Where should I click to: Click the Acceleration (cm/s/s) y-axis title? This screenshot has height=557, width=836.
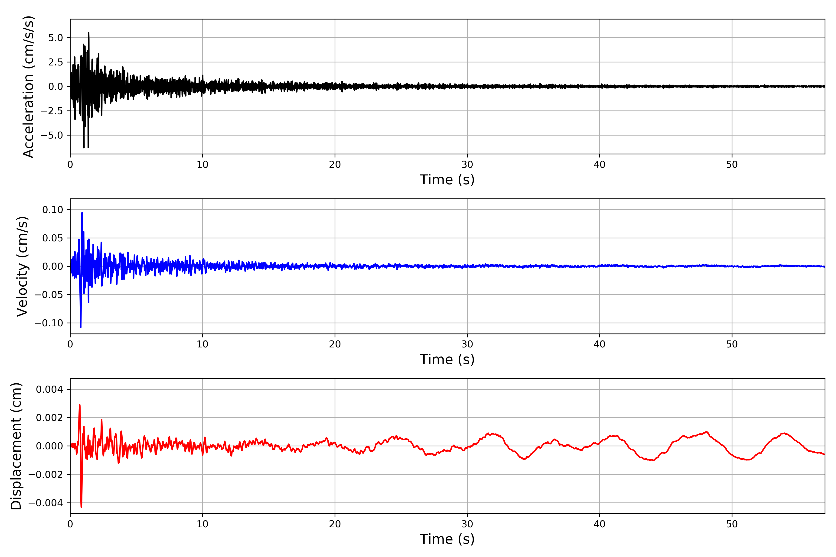coord(28,86)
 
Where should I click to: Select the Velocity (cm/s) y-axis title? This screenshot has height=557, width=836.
coord(22,266)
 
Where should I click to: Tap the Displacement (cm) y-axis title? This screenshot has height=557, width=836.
coord(16,446)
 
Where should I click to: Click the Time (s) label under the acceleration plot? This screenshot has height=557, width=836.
coord(447,180)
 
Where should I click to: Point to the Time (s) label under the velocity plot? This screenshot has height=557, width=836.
coord(447,359)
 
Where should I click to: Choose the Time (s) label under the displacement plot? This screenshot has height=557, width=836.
coord(447,539)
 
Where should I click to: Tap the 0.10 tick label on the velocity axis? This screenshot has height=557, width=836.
coord(53,210)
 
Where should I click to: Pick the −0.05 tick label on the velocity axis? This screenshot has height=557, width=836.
coord(49,295)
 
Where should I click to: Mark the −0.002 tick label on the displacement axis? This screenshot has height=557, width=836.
coord(46,475)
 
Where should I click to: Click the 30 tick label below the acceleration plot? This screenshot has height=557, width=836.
coord(467,165)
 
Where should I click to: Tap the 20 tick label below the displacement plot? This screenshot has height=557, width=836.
coord(335,524)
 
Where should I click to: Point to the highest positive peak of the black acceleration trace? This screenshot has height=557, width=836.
coord(88,33)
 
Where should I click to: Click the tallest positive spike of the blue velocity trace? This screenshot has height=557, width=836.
coord(82,213)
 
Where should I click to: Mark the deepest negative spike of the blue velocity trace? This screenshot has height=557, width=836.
coord(81,327)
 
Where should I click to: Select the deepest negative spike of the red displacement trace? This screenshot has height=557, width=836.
coord(82,507)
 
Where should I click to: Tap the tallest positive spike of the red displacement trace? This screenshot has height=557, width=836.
coord(80,405)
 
